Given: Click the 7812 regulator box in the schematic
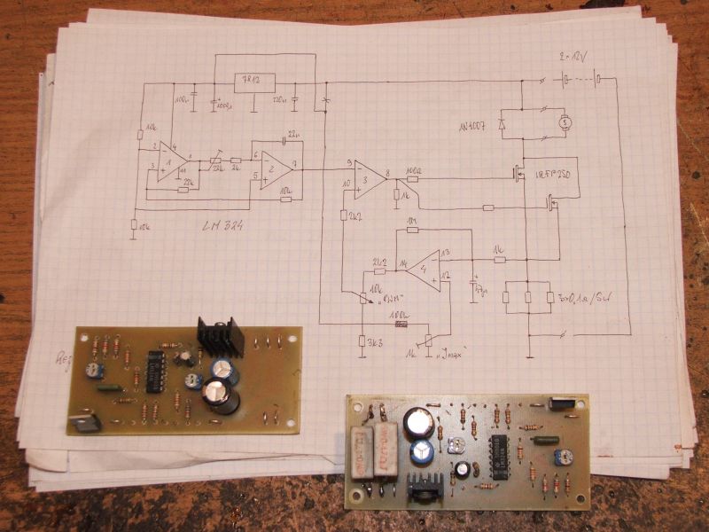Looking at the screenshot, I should point(253,82).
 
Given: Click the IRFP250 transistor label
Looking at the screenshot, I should point(556,176).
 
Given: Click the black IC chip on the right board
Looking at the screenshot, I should point(500,451).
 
